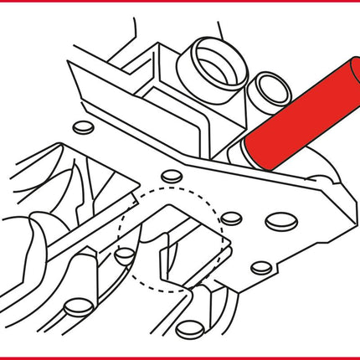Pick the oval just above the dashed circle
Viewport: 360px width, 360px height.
pos(171,175)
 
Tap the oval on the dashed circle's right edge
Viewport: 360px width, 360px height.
pos(232,219)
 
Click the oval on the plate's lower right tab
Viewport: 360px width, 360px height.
pos(261,268)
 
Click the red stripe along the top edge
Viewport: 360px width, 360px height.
pos(180,3)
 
